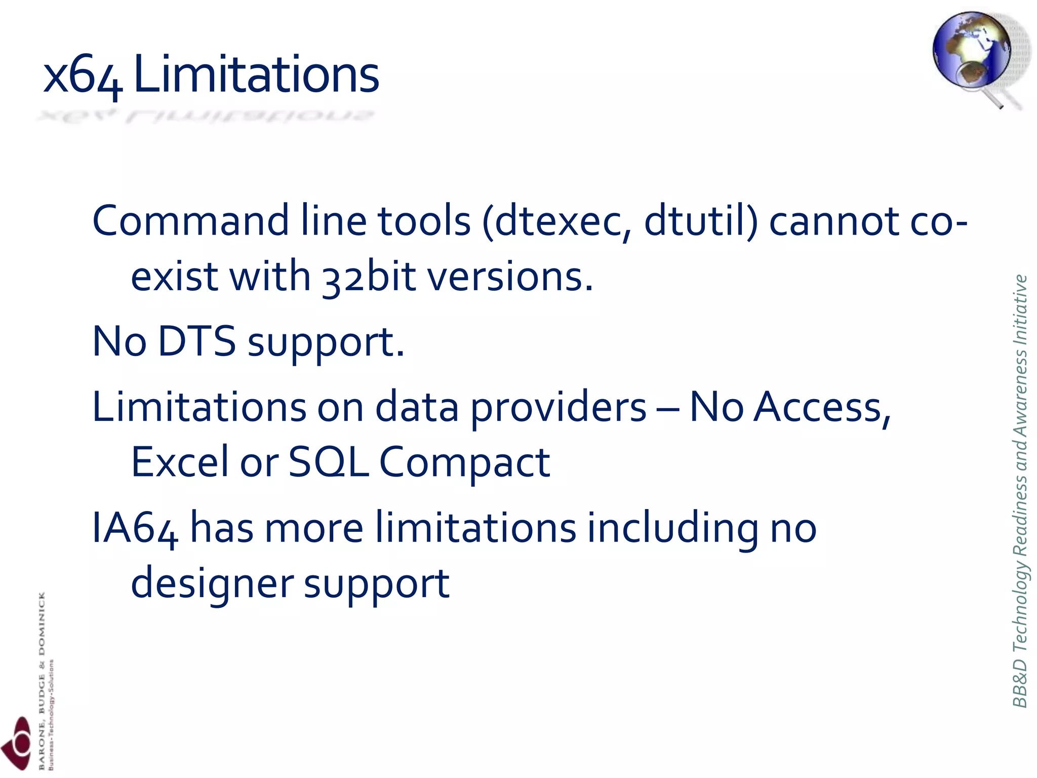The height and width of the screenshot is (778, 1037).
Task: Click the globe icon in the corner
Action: point(972,53)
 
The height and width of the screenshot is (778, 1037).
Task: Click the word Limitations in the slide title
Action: point(256,75)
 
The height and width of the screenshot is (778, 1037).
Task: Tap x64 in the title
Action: point(83,76)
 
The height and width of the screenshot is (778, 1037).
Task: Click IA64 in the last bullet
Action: point(135,528)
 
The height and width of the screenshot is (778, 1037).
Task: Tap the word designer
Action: point(212,583)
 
